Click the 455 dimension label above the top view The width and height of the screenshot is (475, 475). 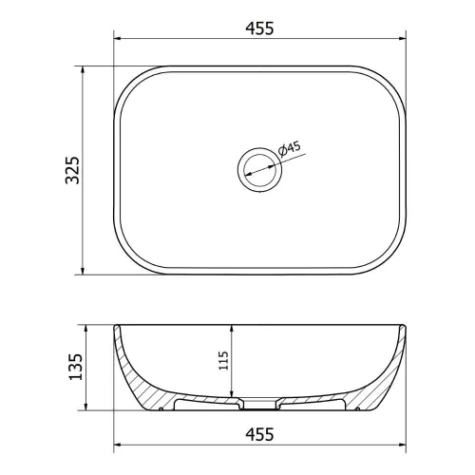tap(259, 28)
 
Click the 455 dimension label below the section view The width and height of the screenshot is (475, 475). tap(259, 434)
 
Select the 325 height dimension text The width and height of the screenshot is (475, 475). tap(72, 170)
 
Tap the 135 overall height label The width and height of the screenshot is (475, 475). tap(75, 367)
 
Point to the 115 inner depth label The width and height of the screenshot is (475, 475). tap(223, 360)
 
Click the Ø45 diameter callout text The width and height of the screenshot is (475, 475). tap(290, 149)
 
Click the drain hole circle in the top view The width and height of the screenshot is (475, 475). tap(259, 170)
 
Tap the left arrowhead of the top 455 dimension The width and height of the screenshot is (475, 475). tap(118, 39)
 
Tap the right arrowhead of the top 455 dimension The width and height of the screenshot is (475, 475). tap(402, 39)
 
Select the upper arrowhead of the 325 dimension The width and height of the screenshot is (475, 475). tap(83, 70)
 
